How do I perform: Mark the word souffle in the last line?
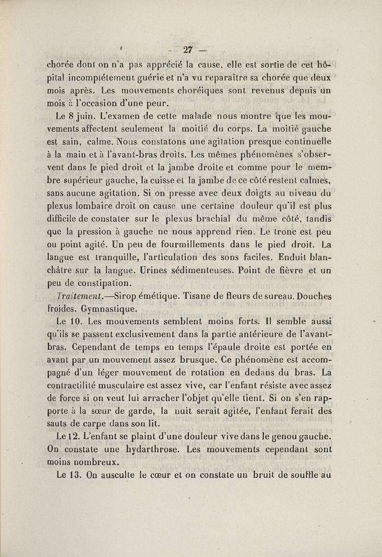click(x=307, y=475)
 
